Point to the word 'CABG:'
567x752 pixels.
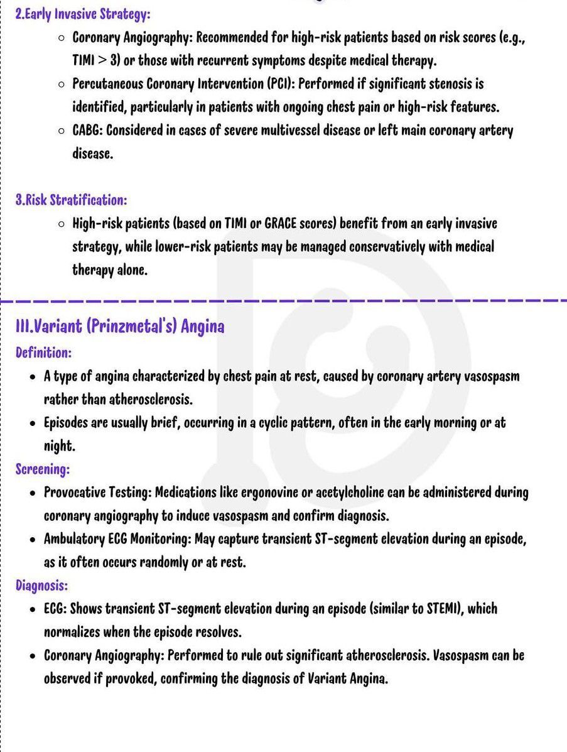(87, 131)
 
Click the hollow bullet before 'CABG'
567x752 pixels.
(61, 131)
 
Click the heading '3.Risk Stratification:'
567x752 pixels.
(71, 200)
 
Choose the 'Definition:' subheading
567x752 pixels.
(43, 352)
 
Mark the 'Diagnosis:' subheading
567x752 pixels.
(41, 586)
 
